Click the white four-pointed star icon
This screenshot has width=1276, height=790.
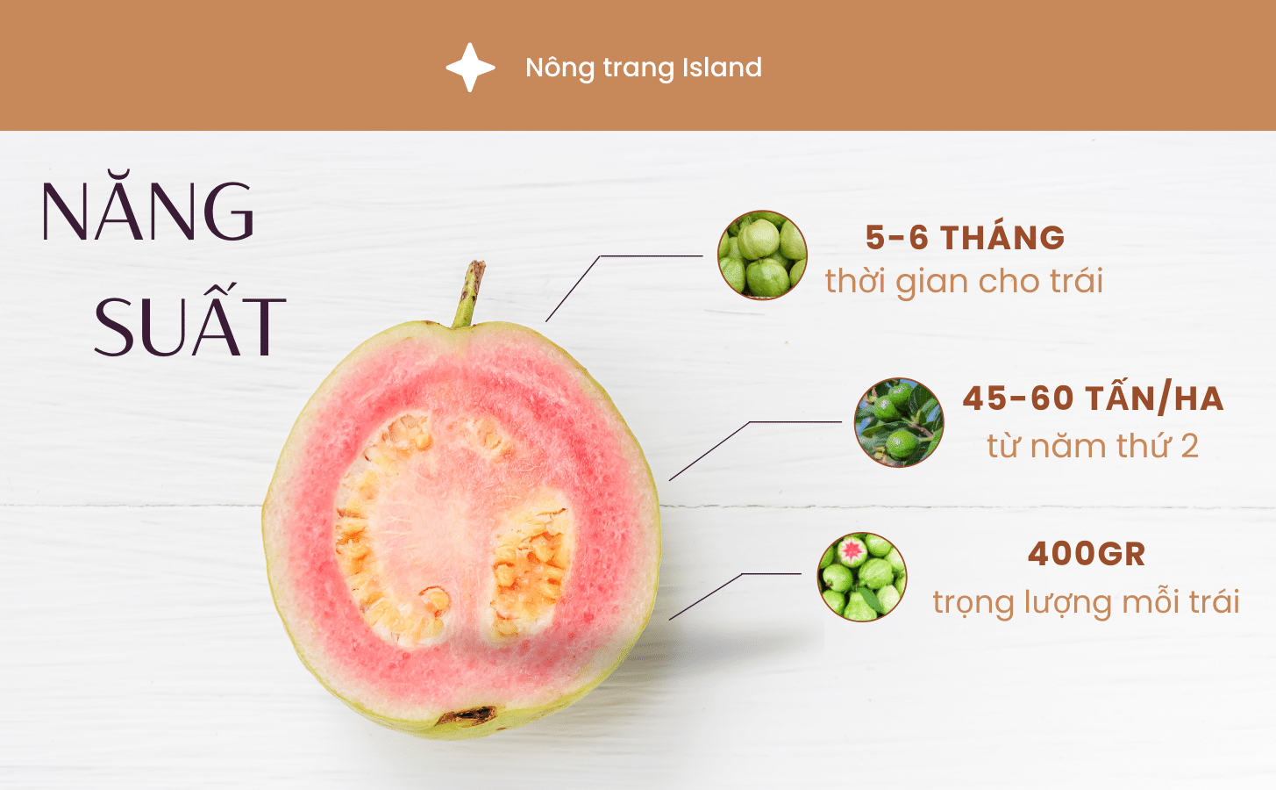(x=470, y=68)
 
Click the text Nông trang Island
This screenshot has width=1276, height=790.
(x=643, y=68)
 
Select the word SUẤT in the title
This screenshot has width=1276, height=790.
(x=189, y=326)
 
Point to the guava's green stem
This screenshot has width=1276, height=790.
(x=467, y=293)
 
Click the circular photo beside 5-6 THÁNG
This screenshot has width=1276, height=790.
(x=762, y=255)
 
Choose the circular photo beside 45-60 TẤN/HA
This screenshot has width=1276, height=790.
(x=899, y=422)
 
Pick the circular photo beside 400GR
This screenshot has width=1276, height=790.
(x=861, y=577)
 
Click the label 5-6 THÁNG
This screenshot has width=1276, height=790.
(x=965, y=238)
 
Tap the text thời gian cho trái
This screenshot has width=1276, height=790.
(x=964, y=282)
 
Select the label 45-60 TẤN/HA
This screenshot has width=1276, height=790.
(x=1093, y=399)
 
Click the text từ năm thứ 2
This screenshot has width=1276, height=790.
(x=1092, y=446)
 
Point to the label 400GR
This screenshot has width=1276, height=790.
(x=1087, y=554)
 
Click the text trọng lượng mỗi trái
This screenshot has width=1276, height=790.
(x=1086, y=602)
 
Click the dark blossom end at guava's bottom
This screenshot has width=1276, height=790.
(x=467, y=716)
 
